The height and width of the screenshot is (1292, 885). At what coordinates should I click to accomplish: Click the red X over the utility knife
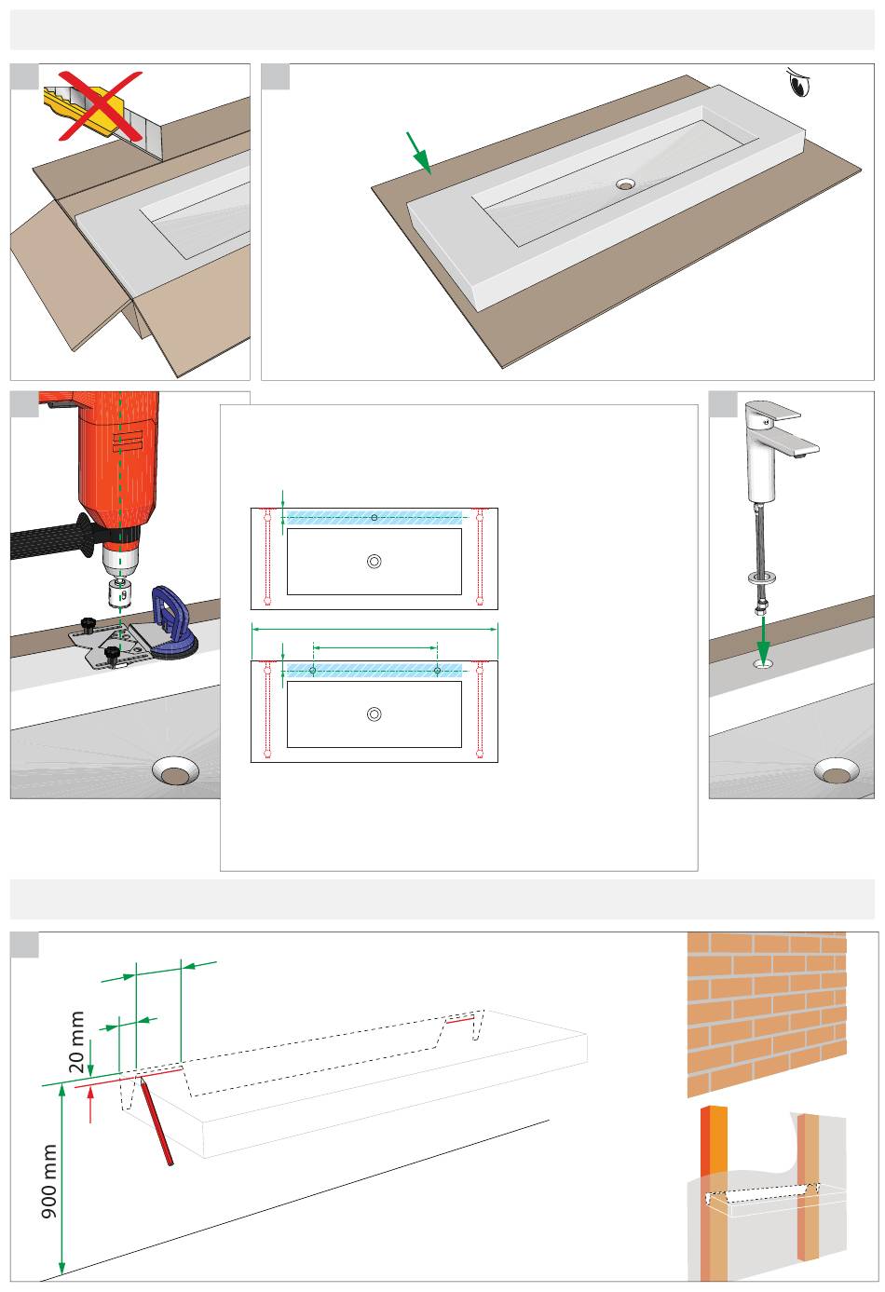click(101, 105)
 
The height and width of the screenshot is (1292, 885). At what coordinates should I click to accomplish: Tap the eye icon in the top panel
click(799, 83)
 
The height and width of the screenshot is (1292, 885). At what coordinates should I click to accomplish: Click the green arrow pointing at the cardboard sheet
click(419, 153)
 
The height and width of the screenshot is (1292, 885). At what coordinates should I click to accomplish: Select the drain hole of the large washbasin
click(625, 184)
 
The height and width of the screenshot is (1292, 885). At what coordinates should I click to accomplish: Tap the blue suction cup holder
click(173, 621)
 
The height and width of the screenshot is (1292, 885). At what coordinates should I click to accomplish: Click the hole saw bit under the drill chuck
click(120, 592)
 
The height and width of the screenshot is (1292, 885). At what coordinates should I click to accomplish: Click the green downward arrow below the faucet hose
click(763, 641)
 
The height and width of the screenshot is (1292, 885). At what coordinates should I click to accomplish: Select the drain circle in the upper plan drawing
click(374, 561)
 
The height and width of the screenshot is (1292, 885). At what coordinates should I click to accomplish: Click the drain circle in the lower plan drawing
click(374, 714)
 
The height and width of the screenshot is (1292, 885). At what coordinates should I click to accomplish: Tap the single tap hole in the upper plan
click(374, 517)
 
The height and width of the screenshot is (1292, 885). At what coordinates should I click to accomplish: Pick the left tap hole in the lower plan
click(313, 671)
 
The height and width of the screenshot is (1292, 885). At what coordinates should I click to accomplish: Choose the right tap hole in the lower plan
click(437, 671)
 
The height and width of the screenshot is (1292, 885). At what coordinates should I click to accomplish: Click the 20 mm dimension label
click(76, 1041)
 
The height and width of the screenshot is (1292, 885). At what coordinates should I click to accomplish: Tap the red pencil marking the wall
click(156, 1123)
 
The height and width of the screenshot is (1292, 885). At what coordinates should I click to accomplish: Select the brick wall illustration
click(767, 1013)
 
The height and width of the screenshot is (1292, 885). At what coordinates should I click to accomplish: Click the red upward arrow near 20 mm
click(90, 1107)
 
